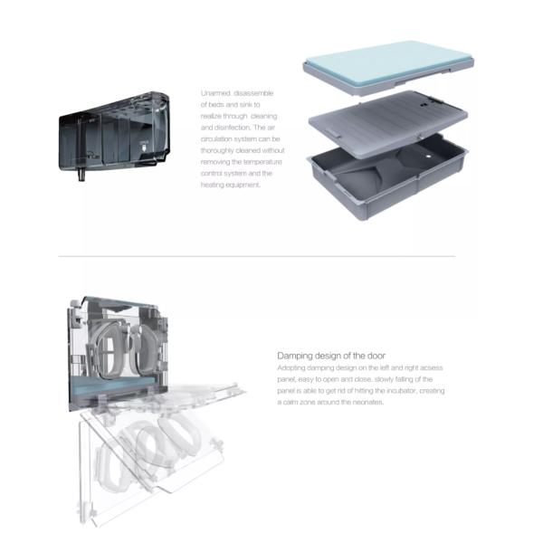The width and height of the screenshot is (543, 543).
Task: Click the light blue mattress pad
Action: (388, 62)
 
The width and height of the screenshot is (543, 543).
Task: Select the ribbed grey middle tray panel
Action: (388, 123)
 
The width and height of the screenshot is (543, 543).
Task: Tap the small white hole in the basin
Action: (428, 157)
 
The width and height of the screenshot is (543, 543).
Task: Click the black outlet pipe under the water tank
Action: (81, 175)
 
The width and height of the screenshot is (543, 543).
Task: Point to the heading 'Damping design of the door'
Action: (331, 356)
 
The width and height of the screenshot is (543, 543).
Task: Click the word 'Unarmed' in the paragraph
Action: (215, 93)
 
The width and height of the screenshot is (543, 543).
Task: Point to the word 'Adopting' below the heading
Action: (291, 367)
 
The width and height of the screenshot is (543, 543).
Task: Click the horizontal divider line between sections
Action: (257, 256)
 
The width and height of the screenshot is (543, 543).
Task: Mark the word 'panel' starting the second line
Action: (286, 379)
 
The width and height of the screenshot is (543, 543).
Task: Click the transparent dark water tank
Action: (114, 133)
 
